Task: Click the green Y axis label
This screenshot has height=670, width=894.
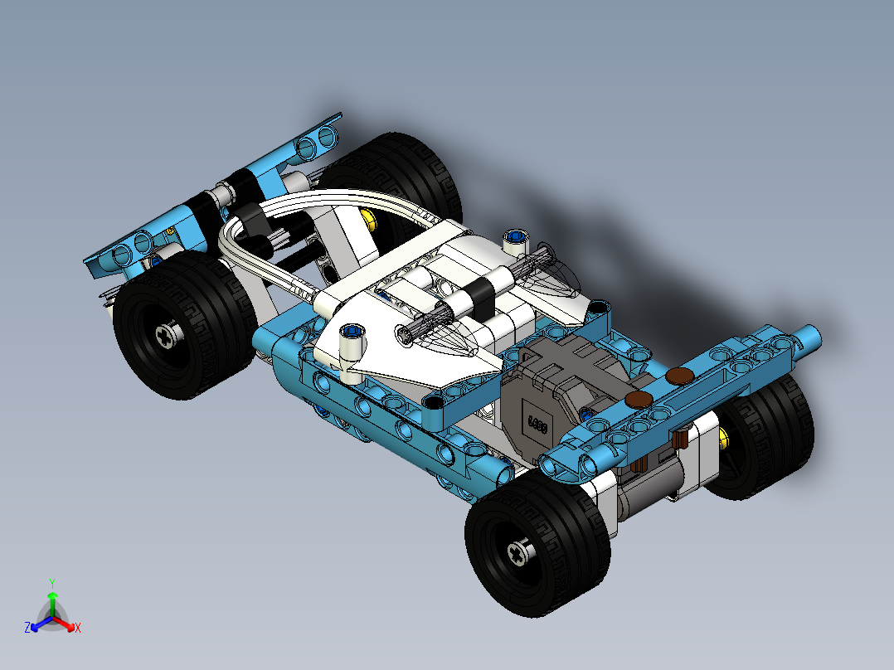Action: tap(52, 583)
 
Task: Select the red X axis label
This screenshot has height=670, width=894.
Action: tap(77, 628)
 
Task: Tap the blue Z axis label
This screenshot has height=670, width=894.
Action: tap(27, 628)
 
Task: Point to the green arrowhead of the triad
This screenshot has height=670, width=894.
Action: tap(52, 595)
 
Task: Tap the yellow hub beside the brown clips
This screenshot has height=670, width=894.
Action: tap(726, 437)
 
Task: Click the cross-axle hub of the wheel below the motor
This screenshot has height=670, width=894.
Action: tap(520, 551)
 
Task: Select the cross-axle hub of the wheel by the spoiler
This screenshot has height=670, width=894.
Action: tap(167, 334)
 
